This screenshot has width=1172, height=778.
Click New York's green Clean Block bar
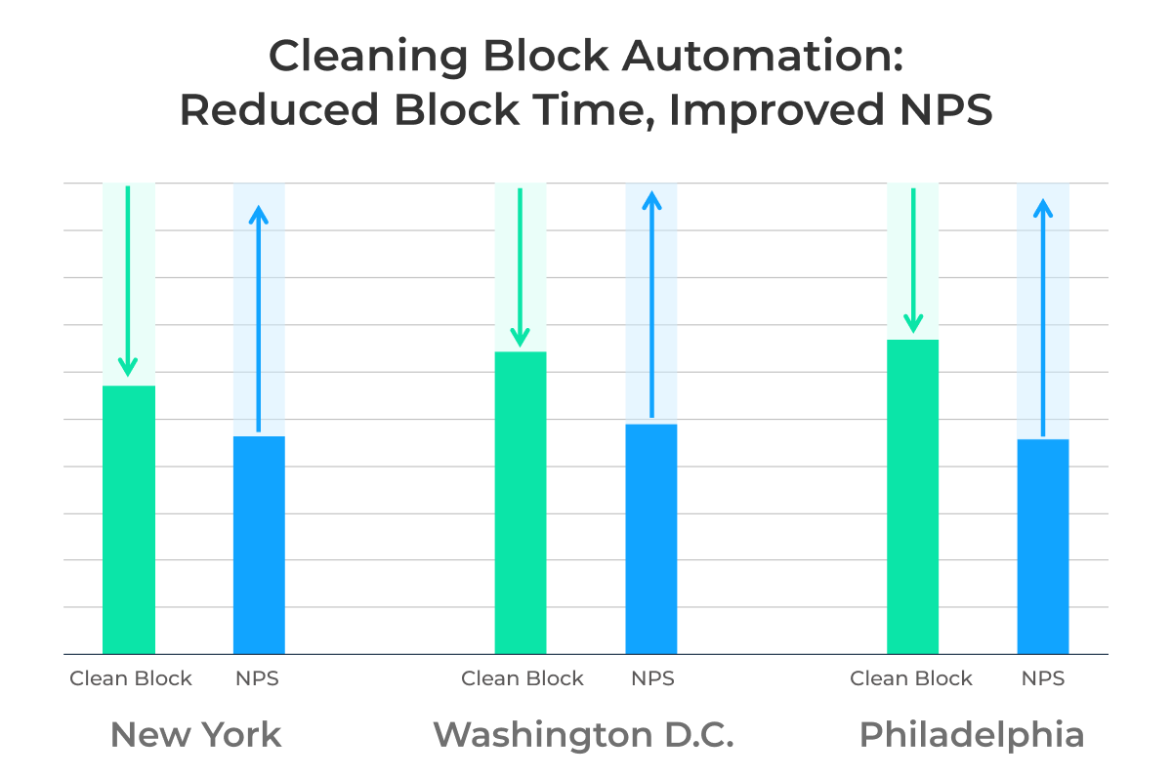pyautogui.click(x=129, y=519)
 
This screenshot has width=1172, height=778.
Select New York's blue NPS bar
pyautogui.click(x=259, y=545)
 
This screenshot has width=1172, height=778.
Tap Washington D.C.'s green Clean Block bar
pyautogui.click(x=521, y=503)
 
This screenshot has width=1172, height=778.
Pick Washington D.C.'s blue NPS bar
pyautogui.click(x=651, y=539)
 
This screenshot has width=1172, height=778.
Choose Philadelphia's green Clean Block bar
pyautogui.click(x=912, y=497)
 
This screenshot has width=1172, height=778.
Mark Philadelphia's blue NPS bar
pyautogui.click(x=1043, y=547)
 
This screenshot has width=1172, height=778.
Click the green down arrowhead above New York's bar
pyautogui.click(x=128, y=367)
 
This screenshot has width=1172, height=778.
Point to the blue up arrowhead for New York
pyautogui.click(x=259, y=214)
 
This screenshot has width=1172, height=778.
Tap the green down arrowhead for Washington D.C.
pyautogui.click(x=521, y=335)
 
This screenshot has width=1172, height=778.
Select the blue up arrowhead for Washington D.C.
pyautogui.click(x=651, y=200)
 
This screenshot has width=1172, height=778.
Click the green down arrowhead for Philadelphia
pyautogui.click(x=913, y=322)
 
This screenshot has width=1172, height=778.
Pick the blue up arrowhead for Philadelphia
pyautogui.click(x=1043, y=208)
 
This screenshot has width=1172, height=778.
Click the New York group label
pyautogui.click(x=195, y=735)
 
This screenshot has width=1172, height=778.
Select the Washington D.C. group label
pyautogui.click(x=583, y=735)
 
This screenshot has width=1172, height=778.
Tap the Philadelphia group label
pyautogui.click(x=972, y=735)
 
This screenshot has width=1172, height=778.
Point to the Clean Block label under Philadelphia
pyautogui.click(x=911, y=678)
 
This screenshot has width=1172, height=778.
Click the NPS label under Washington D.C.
pyautogui.click(x=652, y=678)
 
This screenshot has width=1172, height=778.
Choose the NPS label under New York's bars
pyautogui.click(x=258, y=678)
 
